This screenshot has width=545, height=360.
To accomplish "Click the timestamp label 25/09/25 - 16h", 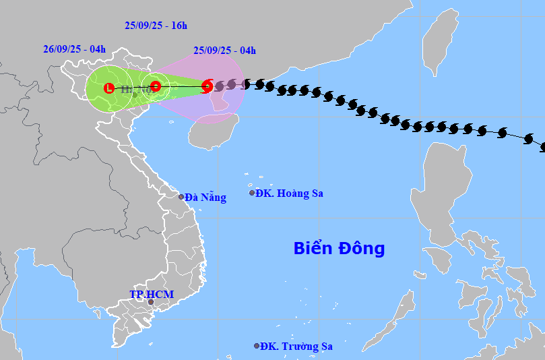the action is coord(156,26).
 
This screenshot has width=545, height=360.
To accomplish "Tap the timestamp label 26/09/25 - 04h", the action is coord(74,49).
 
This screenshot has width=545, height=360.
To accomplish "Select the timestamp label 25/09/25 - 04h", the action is coord(224,50).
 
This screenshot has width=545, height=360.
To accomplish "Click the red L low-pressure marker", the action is coord(109,88).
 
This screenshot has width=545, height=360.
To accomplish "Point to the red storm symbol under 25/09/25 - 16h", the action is coord(155,86).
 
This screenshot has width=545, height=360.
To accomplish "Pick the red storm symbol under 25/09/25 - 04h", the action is coord(207,86).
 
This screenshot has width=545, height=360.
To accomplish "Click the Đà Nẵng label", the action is coord(205,198).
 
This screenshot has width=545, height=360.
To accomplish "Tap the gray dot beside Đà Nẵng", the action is coord(181,197).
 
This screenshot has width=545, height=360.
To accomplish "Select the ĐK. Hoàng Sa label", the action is coord(289,193).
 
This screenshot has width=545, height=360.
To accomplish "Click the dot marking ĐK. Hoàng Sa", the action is coord(253,193).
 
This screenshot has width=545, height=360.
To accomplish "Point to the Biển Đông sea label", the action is coord(339,248).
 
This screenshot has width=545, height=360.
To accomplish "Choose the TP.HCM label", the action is coord(152,295).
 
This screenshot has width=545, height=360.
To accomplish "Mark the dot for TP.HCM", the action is coord(151,302).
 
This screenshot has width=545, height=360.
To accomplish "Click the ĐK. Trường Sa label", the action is coord(297,347).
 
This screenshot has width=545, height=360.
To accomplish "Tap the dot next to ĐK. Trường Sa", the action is coord(257,346).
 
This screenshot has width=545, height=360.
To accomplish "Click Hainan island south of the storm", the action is coord(212,131).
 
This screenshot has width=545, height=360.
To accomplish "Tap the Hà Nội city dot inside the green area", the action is coord(135,94).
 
